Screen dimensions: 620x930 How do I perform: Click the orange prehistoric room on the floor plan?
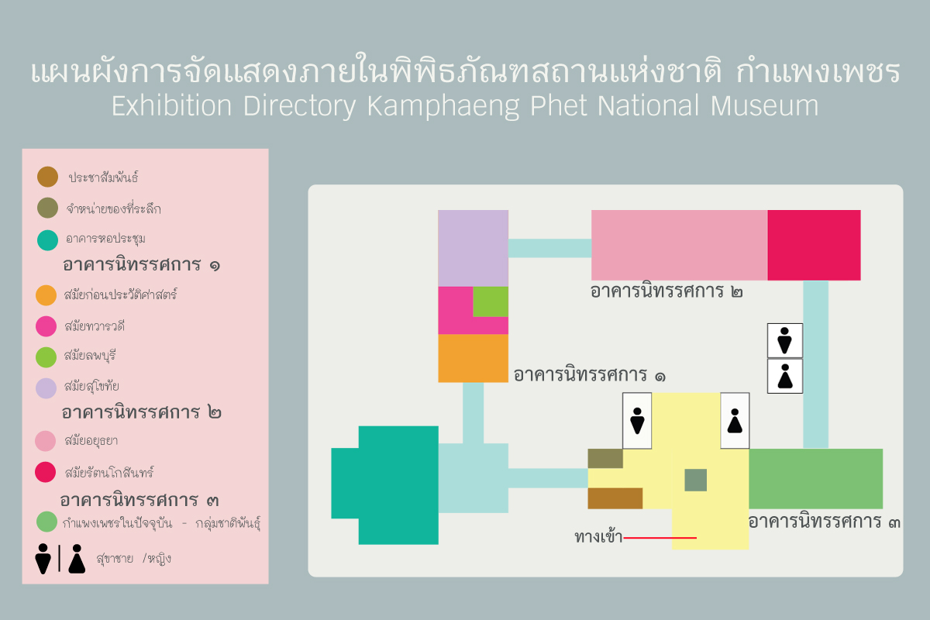tap(473, 358)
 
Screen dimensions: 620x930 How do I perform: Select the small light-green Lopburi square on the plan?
tap(491, 301)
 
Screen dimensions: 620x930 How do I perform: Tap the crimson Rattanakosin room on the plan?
tap(814, 245)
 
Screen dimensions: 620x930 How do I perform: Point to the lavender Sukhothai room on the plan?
tap(473, 248)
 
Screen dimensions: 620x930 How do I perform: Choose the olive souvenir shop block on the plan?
tap(605, 459)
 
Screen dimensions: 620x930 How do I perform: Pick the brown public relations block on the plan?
tap(615, 498)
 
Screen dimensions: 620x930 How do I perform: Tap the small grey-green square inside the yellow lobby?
tap(695, 480)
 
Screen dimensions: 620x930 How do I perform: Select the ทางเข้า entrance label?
tap(598, 537)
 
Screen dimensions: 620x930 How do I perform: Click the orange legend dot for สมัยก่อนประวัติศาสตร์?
tap(46, 295)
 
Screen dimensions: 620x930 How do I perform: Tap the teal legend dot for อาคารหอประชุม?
tap(47, 239)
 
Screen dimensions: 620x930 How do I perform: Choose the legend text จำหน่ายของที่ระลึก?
tap(114, 209)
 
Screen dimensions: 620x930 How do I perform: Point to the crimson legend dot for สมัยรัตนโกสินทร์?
tap(46, 471)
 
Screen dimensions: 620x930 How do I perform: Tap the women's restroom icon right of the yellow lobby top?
tap(735, 421)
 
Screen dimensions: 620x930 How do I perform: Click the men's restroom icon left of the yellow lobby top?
tap(637, 421)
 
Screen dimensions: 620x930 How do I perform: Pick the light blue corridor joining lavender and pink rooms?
tap(549, 248)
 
